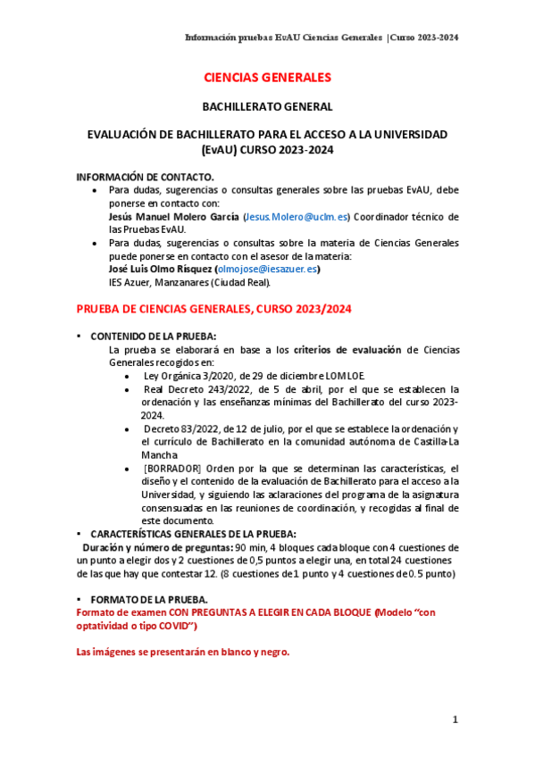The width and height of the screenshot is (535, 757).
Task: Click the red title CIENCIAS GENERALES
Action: point(267,78)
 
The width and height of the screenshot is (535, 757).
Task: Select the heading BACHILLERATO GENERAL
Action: point(267,106)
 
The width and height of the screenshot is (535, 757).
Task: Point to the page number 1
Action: point(455,719)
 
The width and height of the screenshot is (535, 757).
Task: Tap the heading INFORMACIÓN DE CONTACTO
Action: point(146,178)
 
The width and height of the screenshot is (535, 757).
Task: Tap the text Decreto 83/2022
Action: point(186,429)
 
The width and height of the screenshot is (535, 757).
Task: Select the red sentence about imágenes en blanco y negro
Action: point(183,653)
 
